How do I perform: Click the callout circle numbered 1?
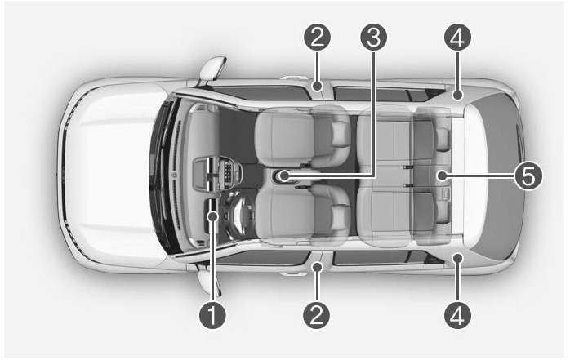pos(212,315)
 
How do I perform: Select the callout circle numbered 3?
pos(374,38)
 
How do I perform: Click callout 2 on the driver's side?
pos(317,315)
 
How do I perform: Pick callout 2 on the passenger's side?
pos(318,38)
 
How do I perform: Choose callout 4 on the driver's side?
pos(457,315)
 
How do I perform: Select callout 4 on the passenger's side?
pos(457,38)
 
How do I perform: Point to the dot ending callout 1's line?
pos(212,216)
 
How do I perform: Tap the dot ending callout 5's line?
pos(442,176)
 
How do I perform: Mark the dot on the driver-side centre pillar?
pos(318,267)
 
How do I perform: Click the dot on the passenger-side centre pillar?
pos(318,86)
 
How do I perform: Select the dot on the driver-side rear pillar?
pos(457,258)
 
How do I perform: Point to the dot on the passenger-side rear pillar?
pos(457,96)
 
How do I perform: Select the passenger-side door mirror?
pos(212,69)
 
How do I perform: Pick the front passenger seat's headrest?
pos(341,134)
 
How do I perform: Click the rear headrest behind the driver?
pos(443,211)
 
